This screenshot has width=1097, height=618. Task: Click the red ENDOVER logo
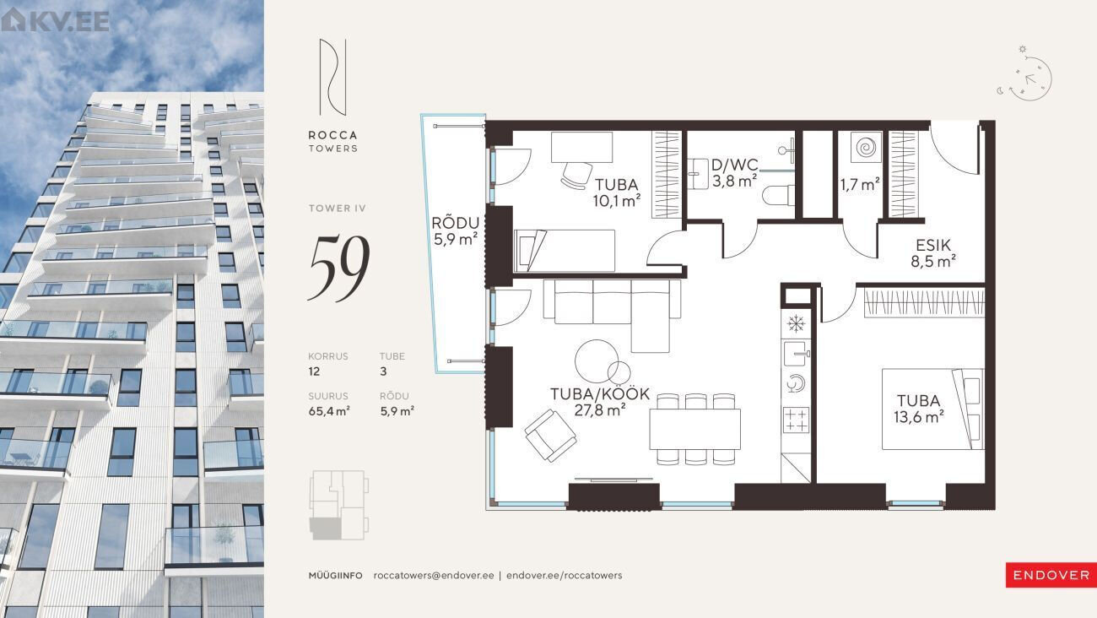click(1051, 575)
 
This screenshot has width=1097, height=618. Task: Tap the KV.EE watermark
click(56, 20)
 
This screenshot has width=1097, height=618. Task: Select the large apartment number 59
click(339, 268)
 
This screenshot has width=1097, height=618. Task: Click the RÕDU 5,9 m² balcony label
click(456, 230)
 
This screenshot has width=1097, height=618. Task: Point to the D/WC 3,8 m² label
click(735, 173)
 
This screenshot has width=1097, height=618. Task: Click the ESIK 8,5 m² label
click(933, 253)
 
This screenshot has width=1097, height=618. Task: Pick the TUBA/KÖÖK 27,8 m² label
click(600, 401)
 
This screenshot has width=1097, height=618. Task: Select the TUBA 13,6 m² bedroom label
click(919, 409)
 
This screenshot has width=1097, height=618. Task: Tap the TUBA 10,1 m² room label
click(617, 192)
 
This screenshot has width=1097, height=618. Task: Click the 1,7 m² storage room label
click(860, 184)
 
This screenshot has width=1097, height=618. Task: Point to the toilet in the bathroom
click(779, 195)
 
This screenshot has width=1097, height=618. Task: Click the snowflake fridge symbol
click(797, 324)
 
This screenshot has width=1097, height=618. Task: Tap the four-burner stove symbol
click(797, 420)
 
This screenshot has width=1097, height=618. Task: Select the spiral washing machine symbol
click(867, 147)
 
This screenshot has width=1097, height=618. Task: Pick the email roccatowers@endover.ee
click(434, 575)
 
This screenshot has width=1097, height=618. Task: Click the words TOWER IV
click(337, 209)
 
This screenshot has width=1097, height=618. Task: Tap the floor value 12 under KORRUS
click(314, 371)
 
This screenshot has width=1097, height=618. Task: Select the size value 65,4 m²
click(329, 411)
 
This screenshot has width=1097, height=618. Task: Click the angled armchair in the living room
click(550, 435)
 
